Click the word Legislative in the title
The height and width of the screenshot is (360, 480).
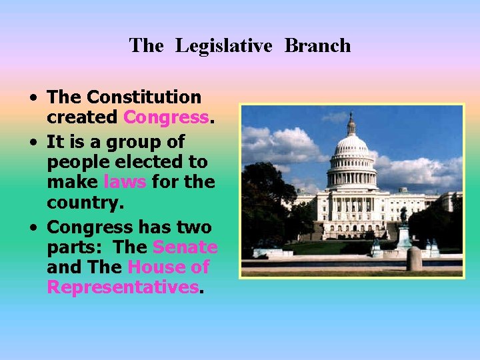tap(224, 46)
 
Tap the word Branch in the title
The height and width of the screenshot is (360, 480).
tap(317, 46)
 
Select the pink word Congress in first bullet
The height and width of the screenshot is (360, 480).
tap(166, 117)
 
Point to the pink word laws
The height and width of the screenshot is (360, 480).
tap(125, 181)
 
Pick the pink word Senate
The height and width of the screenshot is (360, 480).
tap(185, 247)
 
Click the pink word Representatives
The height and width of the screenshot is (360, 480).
tap(123, 287)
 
